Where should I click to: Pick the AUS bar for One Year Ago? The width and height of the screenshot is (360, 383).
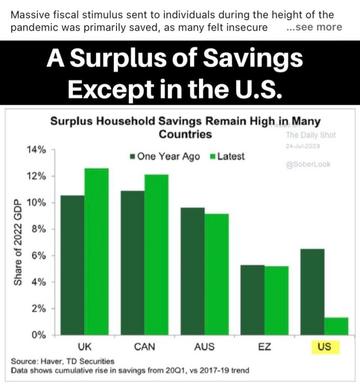pyautogui.click(x=192, y=271)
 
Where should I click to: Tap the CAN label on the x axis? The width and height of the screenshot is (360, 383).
pyautogui.click(x=145, y=347)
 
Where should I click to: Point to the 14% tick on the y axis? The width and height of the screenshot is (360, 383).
pyautogui.click(x=38, y=150)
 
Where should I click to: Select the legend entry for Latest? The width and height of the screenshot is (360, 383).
pyautogui.click(x=227, y=157)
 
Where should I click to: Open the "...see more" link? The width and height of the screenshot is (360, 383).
pyautogui.click(x=315, y=27)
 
